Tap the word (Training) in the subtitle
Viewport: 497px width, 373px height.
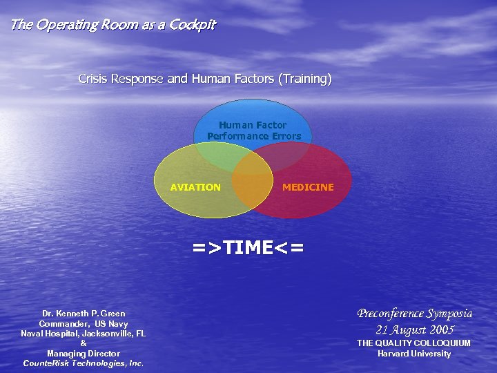[304, 79]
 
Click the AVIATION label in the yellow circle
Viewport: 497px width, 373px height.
[195, 187]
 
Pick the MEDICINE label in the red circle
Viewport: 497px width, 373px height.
[308, 187]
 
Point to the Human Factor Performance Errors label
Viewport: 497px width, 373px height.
[253, 131]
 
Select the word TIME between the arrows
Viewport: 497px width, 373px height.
[248, 247]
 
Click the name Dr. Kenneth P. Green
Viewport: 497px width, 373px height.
[84, 314]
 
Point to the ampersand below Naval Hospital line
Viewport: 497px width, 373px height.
[84, 343]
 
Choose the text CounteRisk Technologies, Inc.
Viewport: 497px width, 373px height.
[84, 363]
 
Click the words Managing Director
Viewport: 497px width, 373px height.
[84, 354]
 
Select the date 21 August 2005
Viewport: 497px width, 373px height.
[414, 329]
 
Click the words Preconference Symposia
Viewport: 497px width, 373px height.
[414, 313]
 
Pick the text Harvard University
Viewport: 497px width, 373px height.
[414, 354]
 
